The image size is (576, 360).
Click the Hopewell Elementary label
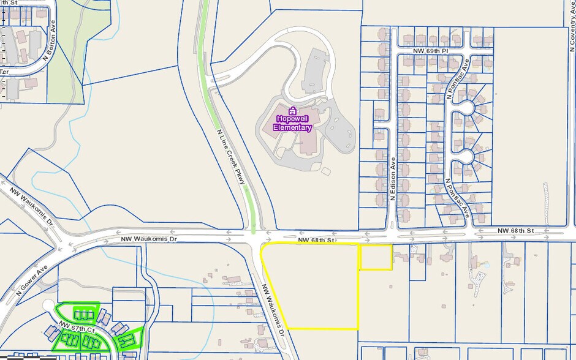tap(292, 123)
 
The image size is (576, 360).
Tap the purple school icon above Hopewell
tap(292, 111)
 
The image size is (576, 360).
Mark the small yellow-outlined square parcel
tap(375, 257)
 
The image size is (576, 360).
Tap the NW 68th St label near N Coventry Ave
tap(516, 230)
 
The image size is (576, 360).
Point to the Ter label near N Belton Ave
tap(4, 72)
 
